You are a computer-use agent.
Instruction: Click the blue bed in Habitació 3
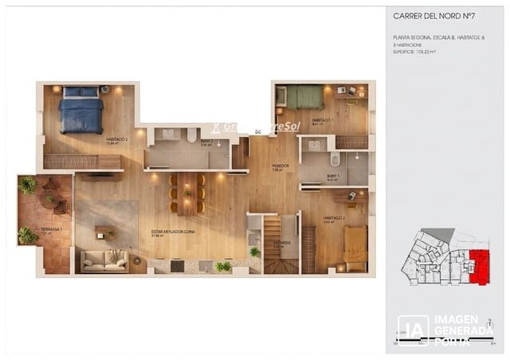click(x=80, y=111)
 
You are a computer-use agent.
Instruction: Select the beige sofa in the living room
click(x=104, y=260)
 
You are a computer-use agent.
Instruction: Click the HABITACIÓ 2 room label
click(x=333, y=217)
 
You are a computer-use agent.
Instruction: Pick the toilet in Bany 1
click(x=335, y=160)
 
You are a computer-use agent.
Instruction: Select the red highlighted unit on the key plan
click(x=479, y=265)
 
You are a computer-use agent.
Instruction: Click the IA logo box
click(x=413, y=330)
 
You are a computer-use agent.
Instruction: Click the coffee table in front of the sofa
click(x=104, y=233)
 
